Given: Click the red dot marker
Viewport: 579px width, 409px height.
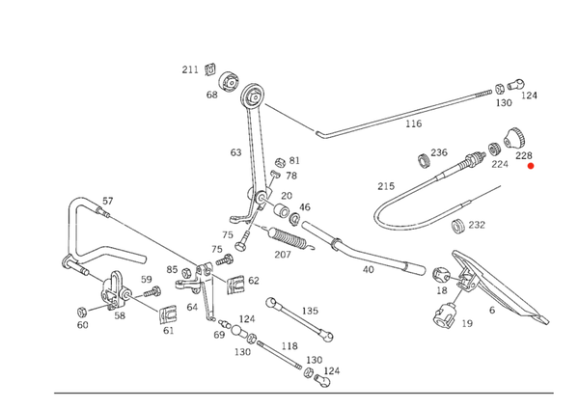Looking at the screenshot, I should (x=530, y=166).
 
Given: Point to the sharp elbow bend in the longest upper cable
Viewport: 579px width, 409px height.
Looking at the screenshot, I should (x=322, y=136).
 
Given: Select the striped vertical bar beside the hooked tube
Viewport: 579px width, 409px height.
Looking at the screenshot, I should (x=70, y=232).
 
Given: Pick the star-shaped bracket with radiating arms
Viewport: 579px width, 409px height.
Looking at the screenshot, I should (x=112, y=299).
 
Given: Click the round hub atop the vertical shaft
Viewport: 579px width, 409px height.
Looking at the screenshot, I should (x=254, y=94).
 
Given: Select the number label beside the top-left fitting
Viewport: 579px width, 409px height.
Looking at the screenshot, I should (x=190, y=68).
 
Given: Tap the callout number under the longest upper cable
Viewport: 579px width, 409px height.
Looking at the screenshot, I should (x=414, y=124).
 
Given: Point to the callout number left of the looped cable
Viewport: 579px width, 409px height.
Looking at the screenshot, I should (x=389, y=184).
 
